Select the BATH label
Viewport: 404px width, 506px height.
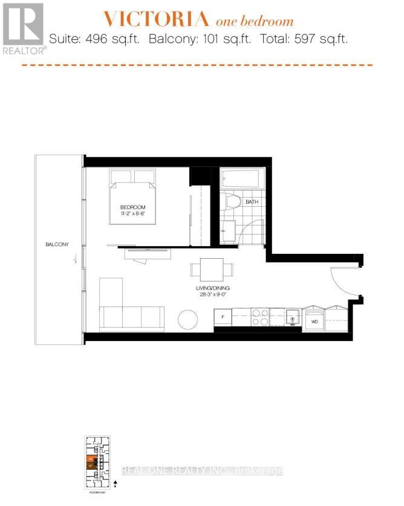252,202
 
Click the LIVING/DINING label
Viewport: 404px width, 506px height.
212,288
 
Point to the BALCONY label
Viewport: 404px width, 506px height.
57,244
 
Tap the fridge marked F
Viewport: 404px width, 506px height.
223,316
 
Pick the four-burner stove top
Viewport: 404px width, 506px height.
260,317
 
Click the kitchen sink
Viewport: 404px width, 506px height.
292,316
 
